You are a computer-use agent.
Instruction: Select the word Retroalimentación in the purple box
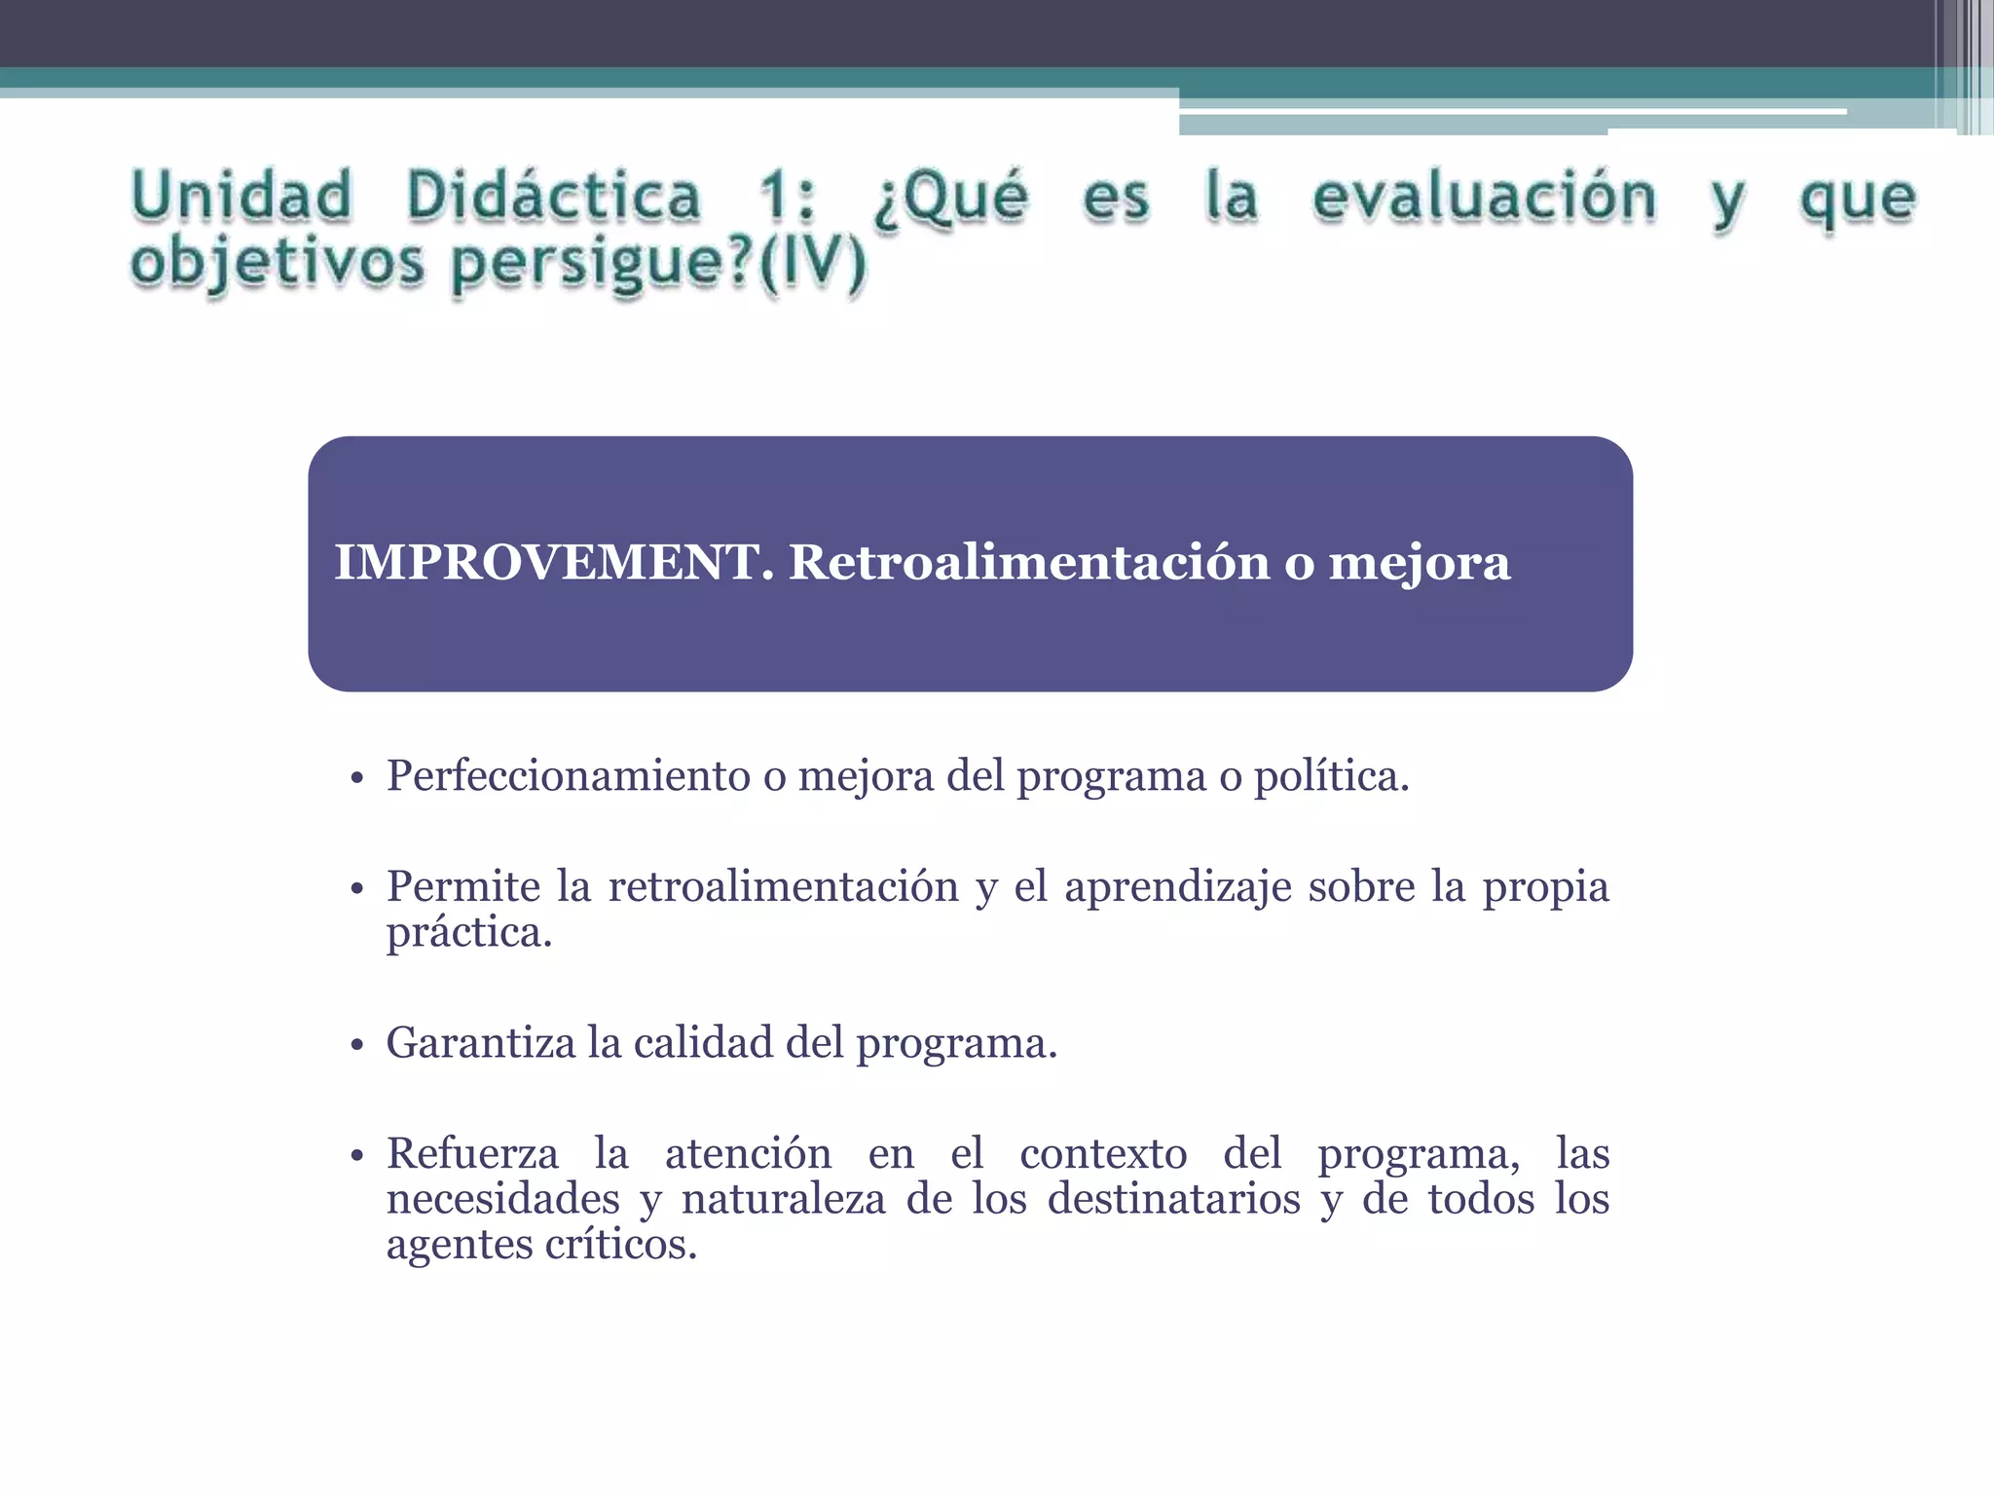coord(1028,563)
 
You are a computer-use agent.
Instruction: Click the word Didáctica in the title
coord(553,196)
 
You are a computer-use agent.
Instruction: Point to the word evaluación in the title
coord(1484,198)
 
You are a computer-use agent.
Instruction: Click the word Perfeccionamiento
coord(569,776)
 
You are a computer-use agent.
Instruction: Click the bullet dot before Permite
coord(356,889)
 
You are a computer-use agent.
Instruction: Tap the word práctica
coord(468,933)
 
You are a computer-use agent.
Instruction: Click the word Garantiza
coord(481,1043)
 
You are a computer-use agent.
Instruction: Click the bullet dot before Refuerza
coord(356,1156)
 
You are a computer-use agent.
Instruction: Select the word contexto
coord(1103,1154)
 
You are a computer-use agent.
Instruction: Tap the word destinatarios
coord(1173,1199)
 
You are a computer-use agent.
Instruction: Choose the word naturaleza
coord(783,1199)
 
